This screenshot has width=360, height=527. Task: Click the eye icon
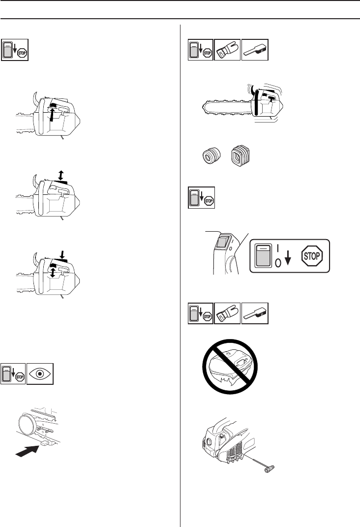coord(40,374)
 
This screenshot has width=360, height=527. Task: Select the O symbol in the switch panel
coord(278,263)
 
